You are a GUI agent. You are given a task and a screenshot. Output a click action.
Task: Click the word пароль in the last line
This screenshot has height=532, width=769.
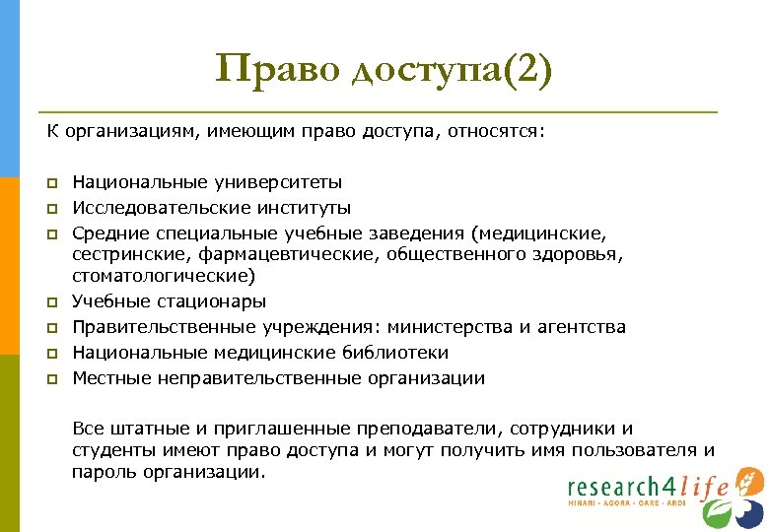pos(103,472)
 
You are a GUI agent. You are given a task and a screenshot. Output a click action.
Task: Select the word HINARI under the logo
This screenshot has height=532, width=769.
pos(585,503)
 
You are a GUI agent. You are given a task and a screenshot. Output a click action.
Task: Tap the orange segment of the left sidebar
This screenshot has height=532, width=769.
pos(10,266)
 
